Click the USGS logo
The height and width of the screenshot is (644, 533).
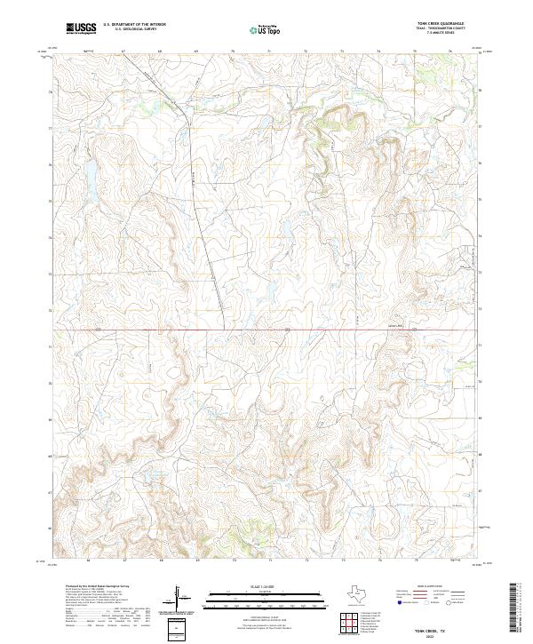tap(81, 29)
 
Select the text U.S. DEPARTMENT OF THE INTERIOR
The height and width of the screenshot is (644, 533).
tap(134, 25)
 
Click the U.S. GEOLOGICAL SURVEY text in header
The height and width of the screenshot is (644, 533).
tap(134, 29)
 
